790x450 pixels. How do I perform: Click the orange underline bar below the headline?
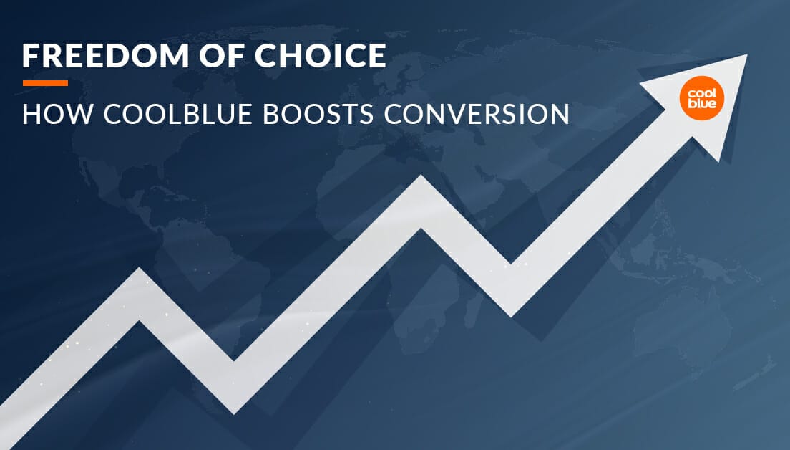tap(45, 83)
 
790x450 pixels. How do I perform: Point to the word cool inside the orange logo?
tap(701, 94)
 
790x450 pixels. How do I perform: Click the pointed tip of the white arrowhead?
tap(746, 55)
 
